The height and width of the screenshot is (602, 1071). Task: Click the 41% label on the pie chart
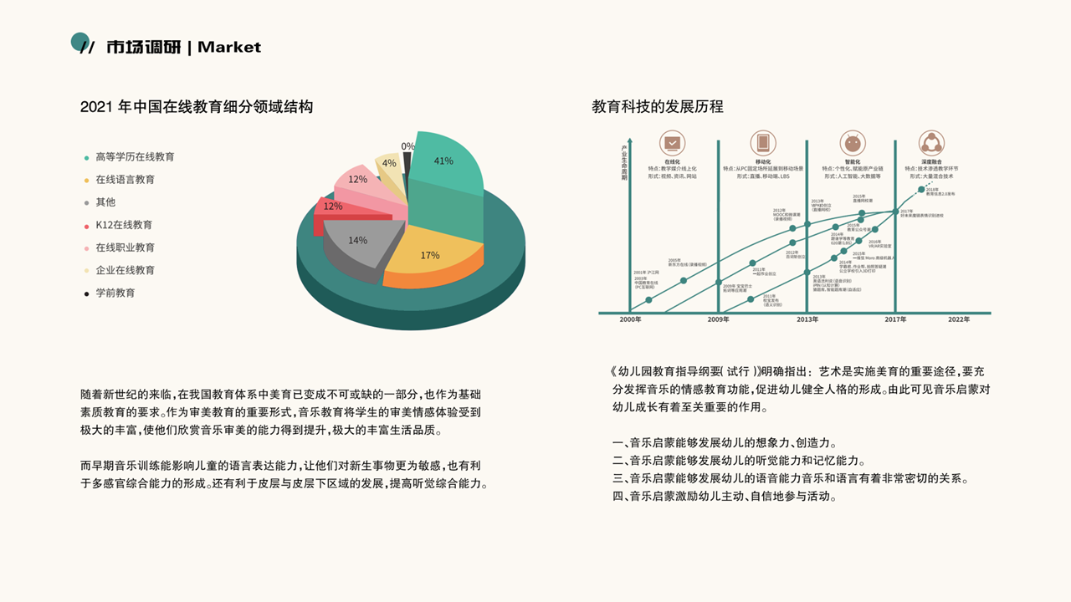[x=443, y=161]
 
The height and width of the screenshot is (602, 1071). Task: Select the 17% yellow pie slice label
[x=430, y=255]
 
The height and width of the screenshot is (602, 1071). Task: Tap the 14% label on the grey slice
[x=357, y=240]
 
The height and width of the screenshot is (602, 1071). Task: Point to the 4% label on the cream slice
[x=389, y=163]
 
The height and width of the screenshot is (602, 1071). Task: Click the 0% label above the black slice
[x=407, y=146]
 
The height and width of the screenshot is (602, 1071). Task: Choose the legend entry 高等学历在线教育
[x=135, y=156]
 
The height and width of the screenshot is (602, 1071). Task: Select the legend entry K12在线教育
[x=123, y=225]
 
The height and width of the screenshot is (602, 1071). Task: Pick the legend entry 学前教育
[x=115, y=293]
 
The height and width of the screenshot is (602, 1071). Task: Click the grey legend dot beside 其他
[x=86, y=202]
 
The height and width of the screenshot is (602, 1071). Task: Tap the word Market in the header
[x=229, y=47]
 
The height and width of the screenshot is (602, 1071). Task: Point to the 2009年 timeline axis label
[x=719, y=319]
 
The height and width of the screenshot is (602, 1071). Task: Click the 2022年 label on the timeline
[x=959, y=319]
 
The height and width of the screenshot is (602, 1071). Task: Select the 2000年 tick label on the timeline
[x=631, y=319]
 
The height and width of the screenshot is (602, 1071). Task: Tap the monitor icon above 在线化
[x=672, y=142]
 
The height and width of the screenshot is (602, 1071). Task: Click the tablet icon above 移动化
[x=762, y=142]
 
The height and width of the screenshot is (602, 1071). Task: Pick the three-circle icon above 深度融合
[x=930, y=142]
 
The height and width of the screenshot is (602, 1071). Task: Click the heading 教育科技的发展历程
[x=658, y=107]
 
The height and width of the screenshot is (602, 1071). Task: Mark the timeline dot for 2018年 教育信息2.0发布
[x=921, y=190]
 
